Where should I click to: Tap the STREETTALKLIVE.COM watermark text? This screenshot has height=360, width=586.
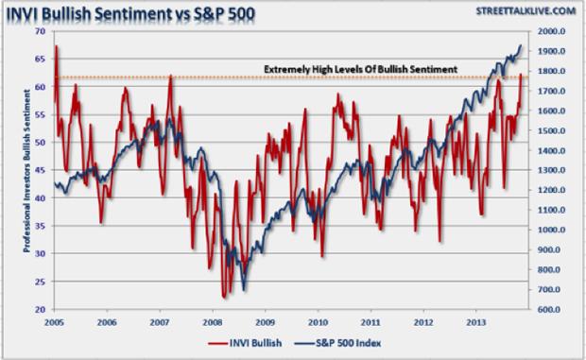pyautogui.click(x=525, y=9)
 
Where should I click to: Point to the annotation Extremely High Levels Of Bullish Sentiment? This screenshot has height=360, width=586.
pyautogui.click(x=360, y=69)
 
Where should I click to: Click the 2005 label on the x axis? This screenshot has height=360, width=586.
pyautogui.click(x=54, y=322)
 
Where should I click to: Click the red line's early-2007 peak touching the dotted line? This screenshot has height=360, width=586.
pyautogui.click(x=170, y=76)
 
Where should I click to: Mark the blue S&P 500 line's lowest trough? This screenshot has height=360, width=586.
pyautogui.click(x=245, y=289)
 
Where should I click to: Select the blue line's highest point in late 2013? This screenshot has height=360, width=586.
pyautogui.click(x=522, y=45)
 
